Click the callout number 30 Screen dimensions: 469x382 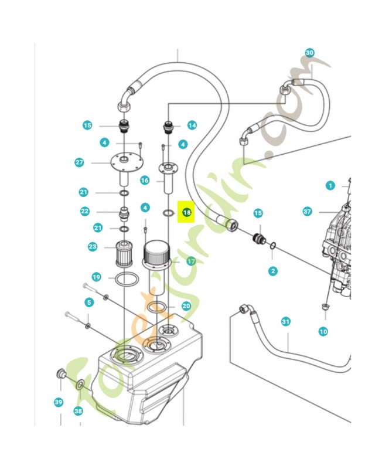coord(310,53)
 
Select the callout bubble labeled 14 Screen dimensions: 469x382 coord(192,125)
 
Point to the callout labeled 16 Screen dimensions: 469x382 coord(145,181)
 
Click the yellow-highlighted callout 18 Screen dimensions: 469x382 coord(187,212)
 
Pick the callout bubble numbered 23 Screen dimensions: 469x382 coord(93,247)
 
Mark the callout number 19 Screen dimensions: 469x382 coord(96,277)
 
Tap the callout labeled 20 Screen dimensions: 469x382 coord(186,305)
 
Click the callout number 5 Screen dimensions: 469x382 coord(89,303)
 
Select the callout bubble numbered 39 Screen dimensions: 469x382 coord(59,402)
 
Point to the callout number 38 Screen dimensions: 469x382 coord(79,411)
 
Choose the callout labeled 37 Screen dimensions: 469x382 coord(308,211)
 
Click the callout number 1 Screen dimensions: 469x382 coord(330,186)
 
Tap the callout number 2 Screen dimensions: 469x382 coord(273,271)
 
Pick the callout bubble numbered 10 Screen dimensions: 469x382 coord(323,332)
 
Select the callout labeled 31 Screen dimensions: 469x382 coord(286,321)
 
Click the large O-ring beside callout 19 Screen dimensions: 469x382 coord(125,279)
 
